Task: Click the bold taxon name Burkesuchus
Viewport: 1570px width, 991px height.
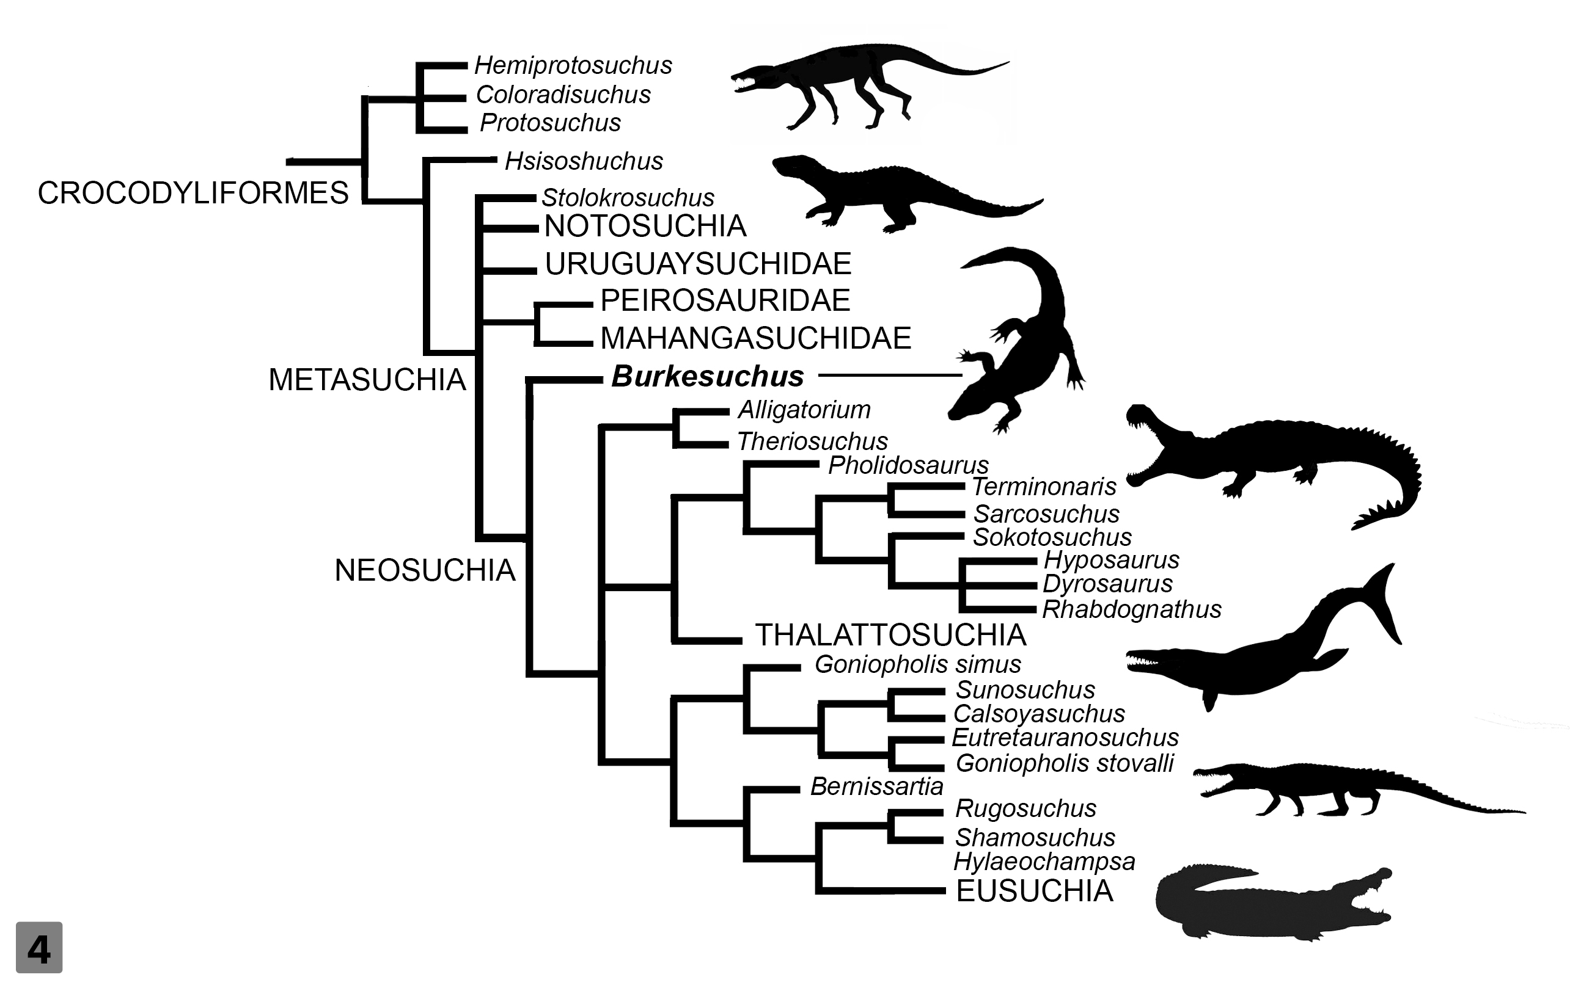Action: pyautogui.click(x=708, y=376)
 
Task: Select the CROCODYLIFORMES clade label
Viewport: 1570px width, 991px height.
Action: pyautogui.click(x=193, y=193)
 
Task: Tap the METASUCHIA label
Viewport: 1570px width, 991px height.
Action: pyautogui.click(x=367, y=380)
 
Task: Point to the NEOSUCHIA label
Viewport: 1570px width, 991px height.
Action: pyautogui.click(x=425, y=570)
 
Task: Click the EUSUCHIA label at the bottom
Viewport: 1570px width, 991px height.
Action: pyautogui.click(x=1034, y=891)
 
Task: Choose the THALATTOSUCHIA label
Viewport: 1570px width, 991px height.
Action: pyautogui.click(x=890, y=634)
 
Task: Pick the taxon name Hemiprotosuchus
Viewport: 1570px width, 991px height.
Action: pyautogui.click(x=573, y=65)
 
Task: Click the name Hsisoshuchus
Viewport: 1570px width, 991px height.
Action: pyautogui.click(x=584, y=161)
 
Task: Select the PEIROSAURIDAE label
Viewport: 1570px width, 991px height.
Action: pyautogui.click(x=725, y=300)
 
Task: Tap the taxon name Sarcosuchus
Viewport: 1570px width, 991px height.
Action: pyautogui.click(x=1046, y=514)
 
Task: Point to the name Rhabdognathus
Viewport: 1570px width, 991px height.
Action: pyautogui.click(x=1132, y=609)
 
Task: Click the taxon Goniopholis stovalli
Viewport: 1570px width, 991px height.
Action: pyautogui.click(x=1064, y=764)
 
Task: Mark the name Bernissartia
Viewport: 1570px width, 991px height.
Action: pyautogui.click(x=876, y=786)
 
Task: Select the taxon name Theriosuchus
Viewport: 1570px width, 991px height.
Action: pyautogui.click(x=812, y=441)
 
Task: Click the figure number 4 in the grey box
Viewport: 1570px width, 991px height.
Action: pyautogui.click(x=39, y=948)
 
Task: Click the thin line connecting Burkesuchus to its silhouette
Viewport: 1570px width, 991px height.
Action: pyautogui.click(x=890, y=376)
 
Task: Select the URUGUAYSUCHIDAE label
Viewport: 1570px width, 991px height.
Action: pyautogui.click(x=699, y=264)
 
